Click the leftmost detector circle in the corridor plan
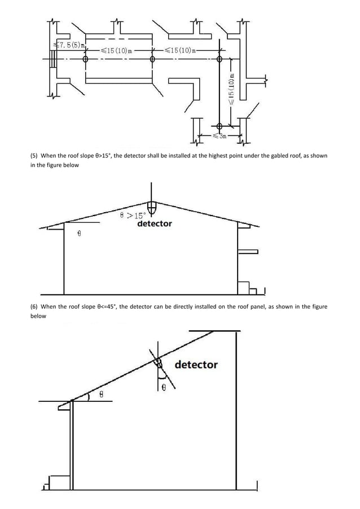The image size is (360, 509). (86, 59)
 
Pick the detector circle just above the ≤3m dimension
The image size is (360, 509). (219, 125)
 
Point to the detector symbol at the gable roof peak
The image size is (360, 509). (151, 205)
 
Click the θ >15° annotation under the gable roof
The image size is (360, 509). (133, 215)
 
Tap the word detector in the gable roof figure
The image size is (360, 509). (155, 224)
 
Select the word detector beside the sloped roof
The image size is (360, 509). (196, 365)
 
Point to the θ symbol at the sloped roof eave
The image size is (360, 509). (101, 395)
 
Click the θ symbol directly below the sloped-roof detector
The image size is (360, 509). (164, 387)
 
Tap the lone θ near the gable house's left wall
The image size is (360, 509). (79, 232)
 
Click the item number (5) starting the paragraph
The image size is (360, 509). (35, 156)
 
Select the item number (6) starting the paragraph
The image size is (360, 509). (35, 307)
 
